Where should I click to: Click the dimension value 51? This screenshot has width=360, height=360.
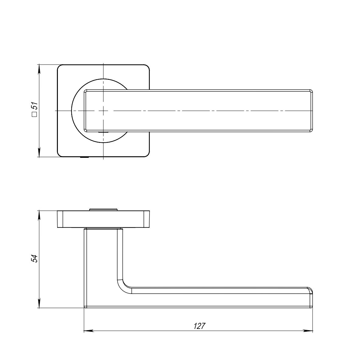pos(35,106)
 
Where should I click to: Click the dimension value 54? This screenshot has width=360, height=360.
pos(35,259)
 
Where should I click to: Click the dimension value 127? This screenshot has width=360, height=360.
pos(199,326)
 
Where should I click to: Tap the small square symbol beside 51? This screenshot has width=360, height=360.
pos(35,115)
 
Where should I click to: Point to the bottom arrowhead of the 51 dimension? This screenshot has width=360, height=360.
pos(39,152)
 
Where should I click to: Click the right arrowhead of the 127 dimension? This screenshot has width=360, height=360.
pos(308,331)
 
